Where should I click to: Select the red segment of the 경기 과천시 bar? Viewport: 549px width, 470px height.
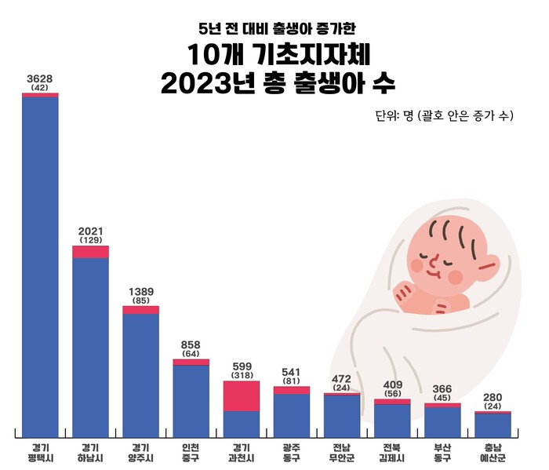241,395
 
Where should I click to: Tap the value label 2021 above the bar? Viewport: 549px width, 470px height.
91,231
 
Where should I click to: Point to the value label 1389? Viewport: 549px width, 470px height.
141,291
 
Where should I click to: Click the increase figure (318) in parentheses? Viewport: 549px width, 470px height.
242,376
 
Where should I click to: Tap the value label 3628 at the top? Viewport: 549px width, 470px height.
40,78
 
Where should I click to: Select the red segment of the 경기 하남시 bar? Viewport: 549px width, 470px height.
91,251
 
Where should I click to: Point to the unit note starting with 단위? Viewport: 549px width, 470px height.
445,116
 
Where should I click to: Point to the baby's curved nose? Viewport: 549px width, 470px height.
430,256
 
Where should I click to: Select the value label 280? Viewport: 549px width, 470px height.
493,398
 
